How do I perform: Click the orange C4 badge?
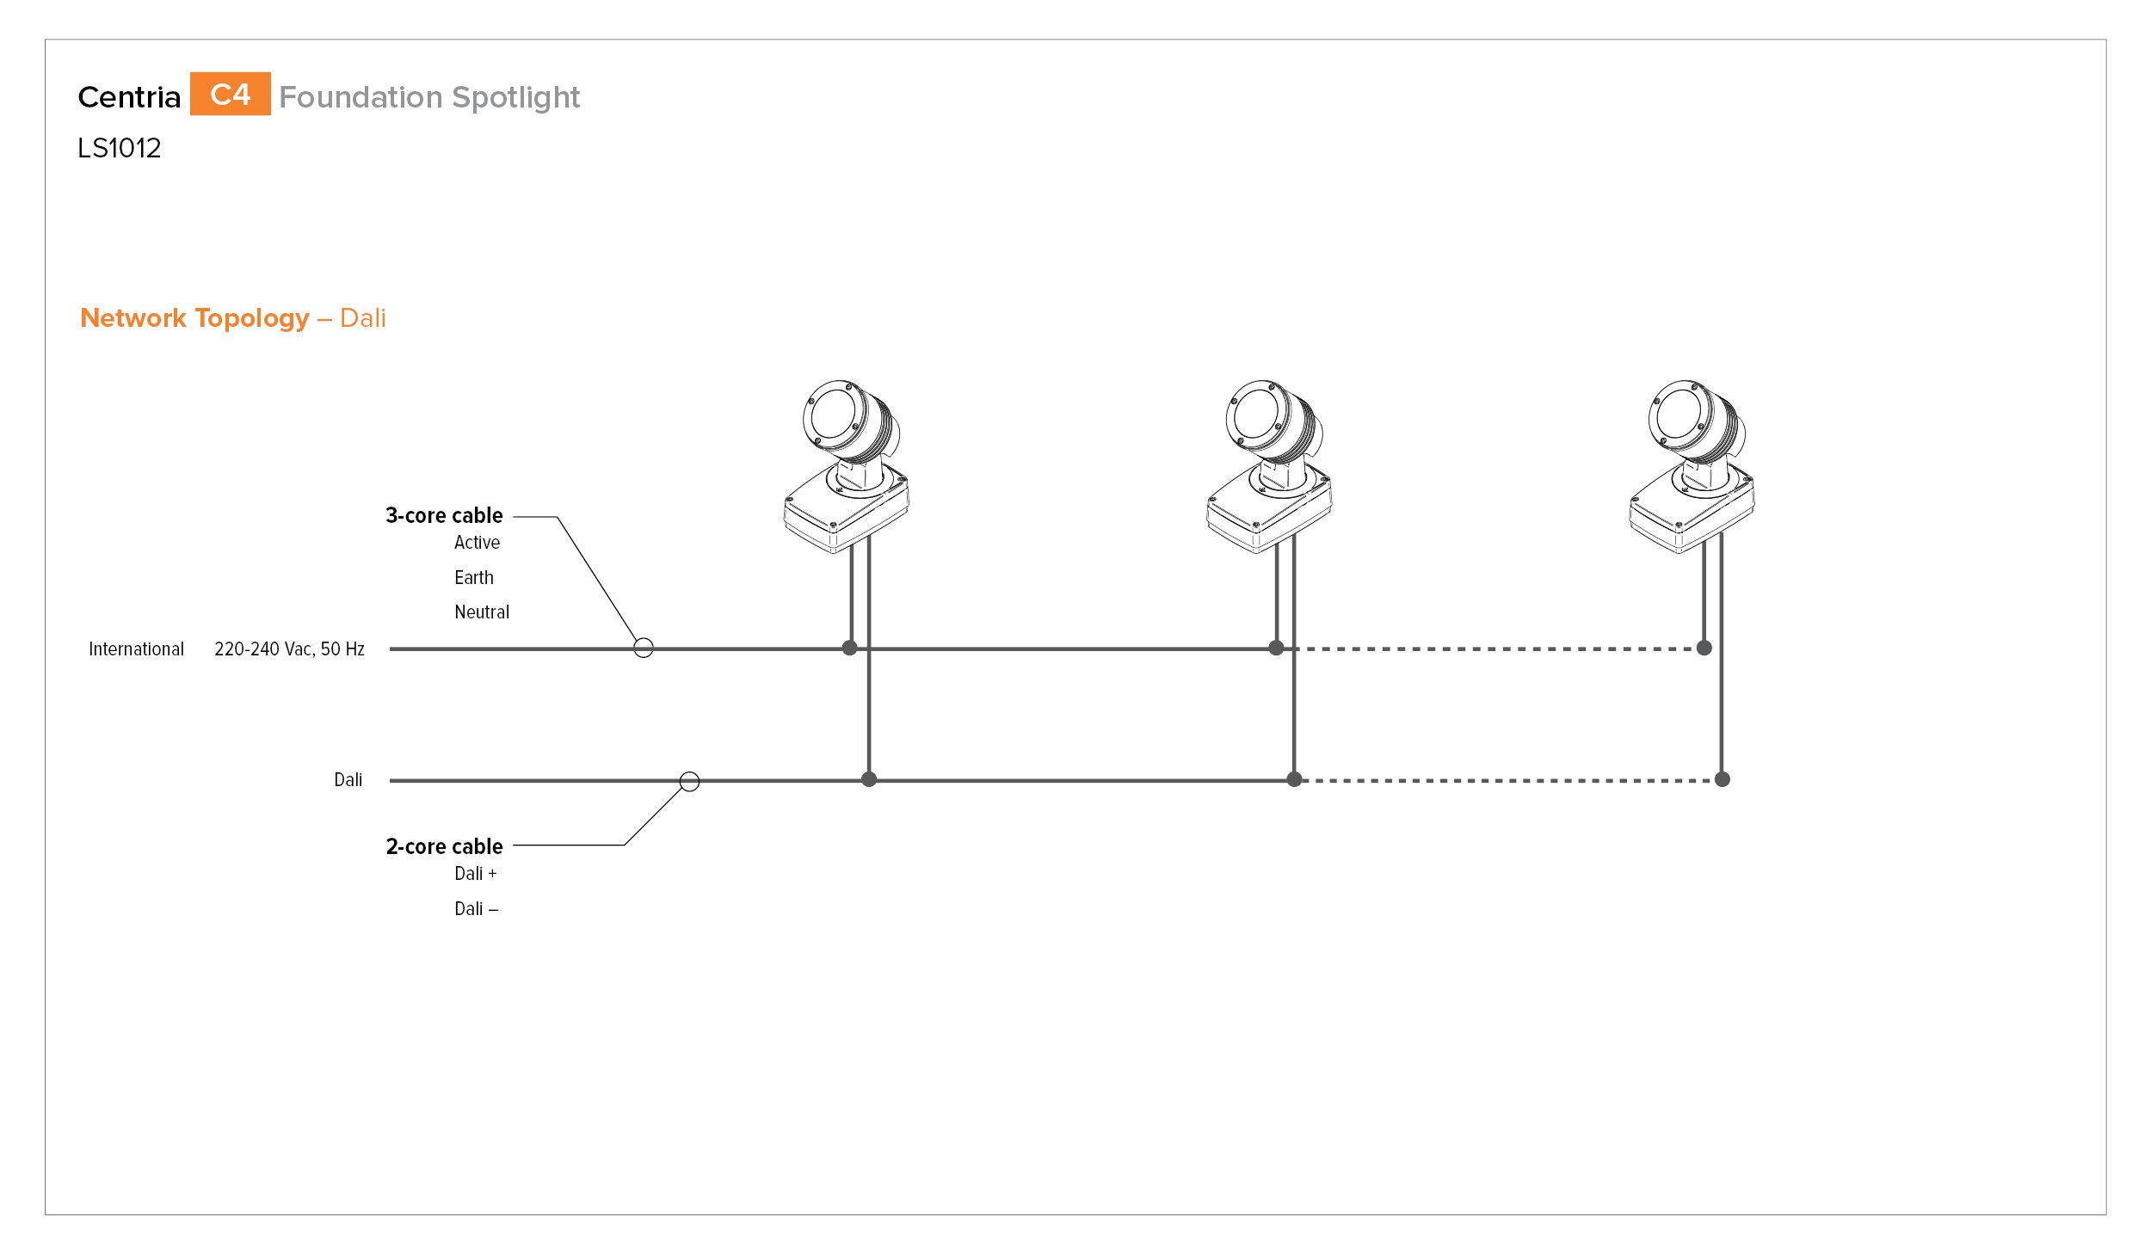coord(230,94)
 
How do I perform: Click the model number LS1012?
coord(119,148)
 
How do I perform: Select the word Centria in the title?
coord(129,97)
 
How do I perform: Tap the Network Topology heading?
coord(194,318)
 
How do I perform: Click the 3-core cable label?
coord(444,515)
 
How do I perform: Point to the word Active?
coord(477,543)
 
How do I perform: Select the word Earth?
coord(474,578)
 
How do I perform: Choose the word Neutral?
coord(482,612)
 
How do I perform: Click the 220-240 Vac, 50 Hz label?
coord(289,649)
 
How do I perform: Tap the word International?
coord(136,649)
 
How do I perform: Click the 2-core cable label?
coord(444,846)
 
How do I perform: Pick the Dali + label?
coord(476,874)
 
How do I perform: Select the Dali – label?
coord(476,909)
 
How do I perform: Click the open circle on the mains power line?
coord(644,639)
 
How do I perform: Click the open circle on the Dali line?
coord(689,772)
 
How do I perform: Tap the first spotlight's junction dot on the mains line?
coord(850,648)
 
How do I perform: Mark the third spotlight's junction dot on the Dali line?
coord(1722,779)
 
